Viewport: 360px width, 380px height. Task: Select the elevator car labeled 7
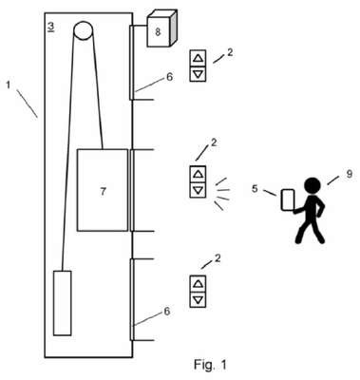click(103, 190)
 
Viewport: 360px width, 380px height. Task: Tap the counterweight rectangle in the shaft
click(62, 303)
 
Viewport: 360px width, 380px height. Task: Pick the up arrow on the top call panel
click(198, 58)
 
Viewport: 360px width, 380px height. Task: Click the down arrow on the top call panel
click(198, 74)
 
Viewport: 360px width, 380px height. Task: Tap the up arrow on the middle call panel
click(198, 174)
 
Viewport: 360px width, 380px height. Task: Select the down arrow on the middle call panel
click(198, 190)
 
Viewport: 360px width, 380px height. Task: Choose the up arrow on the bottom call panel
click(198, 283)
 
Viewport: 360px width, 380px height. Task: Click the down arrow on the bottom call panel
click(198, 299)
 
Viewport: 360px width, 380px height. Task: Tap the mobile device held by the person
click(288, 199)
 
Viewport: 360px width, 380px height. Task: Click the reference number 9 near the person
click(349, 174)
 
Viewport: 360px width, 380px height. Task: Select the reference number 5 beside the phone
click(256, 189)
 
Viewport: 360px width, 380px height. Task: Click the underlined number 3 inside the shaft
click(50, 27)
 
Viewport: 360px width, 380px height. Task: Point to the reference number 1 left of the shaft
click(9, 85)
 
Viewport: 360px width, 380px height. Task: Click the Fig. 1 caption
click(210, 365)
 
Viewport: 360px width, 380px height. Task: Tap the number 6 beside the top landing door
click(170, 77)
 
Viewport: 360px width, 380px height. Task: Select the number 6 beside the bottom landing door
click(167, 312)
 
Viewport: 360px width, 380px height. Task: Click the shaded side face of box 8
click(173, 28)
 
